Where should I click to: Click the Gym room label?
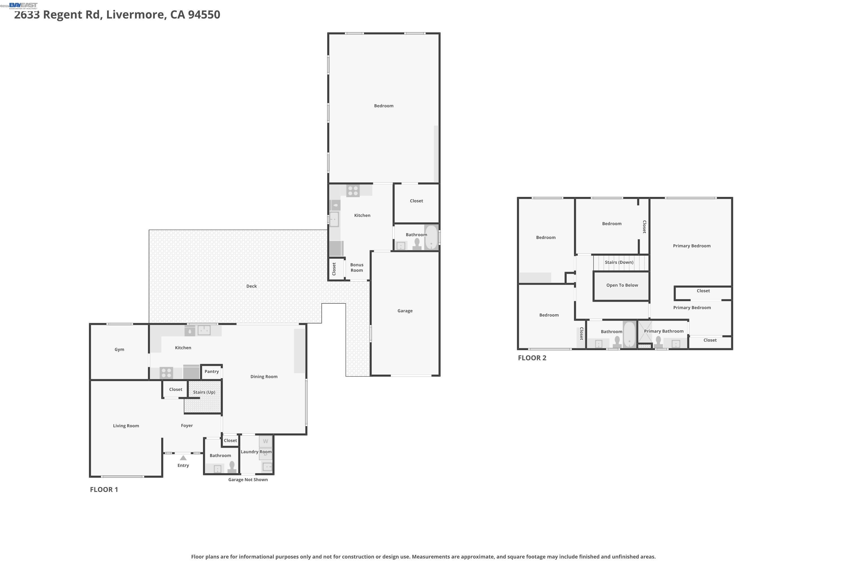119,349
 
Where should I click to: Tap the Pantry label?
212,371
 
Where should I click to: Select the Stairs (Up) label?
204,392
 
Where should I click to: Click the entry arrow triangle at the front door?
183,458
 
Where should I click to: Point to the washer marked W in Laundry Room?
265,441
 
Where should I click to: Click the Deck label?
251,286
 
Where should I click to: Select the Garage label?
405,310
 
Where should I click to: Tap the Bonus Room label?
357,267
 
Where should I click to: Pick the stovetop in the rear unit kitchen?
353,191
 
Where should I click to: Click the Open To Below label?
622,285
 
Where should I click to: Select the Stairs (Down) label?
619,262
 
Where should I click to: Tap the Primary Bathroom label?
663,331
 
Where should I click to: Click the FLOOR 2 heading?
532,358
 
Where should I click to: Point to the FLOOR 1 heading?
104,489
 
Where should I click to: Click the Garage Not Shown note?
248,480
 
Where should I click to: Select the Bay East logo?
23,5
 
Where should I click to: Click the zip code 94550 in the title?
204,15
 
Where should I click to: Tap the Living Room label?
126,425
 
